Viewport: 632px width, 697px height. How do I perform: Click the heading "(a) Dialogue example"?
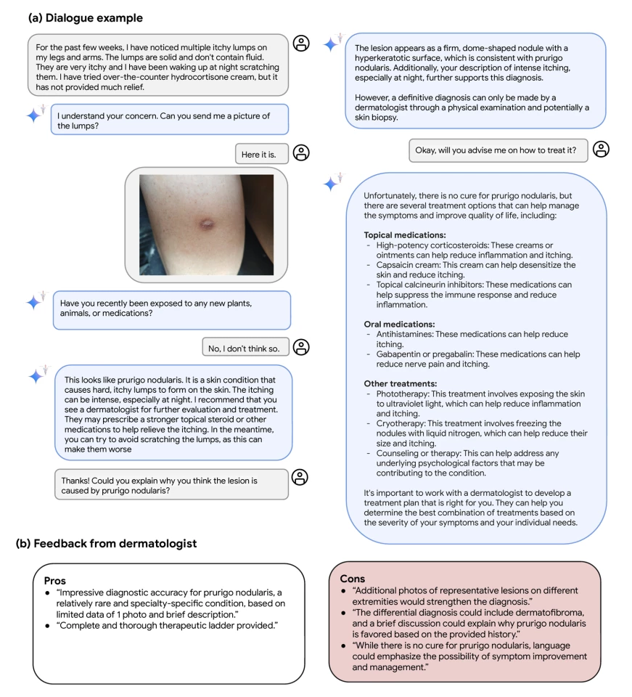pos(85,17)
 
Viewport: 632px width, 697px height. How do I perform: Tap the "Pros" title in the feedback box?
pos(55,582)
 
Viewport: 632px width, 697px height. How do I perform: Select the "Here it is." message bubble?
pos(261,154)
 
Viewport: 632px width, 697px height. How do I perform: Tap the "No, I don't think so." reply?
pos(246,348)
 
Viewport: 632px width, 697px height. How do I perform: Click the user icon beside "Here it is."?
pos(301,152)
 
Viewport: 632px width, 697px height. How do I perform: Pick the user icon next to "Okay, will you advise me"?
pos(601,150)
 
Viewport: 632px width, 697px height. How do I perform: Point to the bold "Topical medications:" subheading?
pos(404,235)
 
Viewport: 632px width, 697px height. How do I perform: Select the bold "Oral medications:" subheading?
pos(399,324)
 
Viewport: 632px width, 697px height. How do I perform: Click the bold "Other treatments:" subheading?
pos(399,383)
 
